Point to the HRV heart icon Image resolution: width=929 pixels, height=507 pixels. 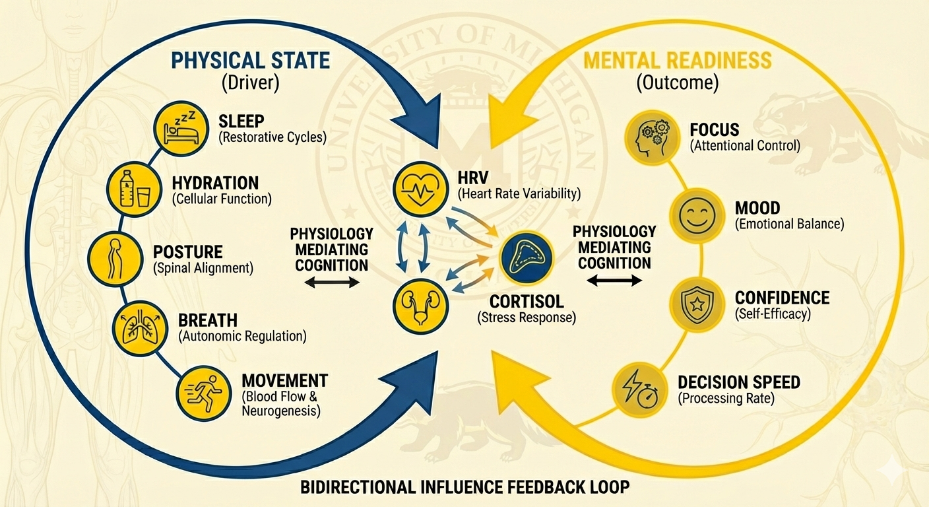tap(418, 187)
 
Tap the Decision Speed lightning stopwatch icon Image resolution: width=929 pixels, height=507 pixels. tap(637, 389)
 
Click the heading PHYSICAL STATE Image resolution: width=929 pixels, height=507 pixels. tap(250, 61)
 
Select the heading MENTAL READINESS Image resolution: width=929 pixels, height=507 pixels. tap(676, 61)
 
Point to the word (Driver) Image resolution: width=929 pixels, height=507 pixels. tap(250, 84)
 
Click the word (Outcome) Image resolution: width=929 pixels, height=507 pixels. tap(677, 84)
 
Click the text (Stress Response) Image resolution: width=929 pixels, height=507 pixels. tap(526, 318)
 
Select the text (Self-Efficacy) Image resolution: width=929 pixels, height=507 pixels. tap(773, 315)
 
